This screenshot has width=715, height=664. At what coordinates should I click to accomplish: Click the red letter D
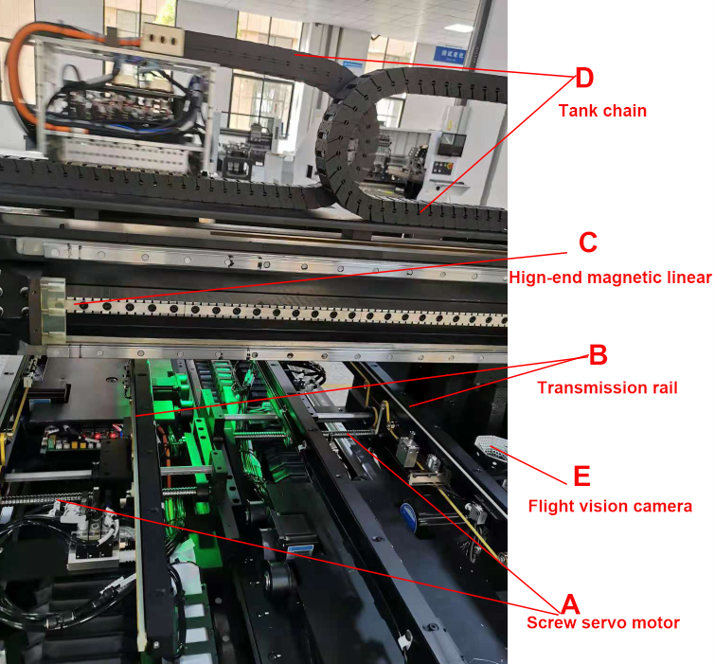584,78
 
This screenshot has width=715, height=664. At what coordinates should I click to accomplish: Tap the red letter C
588,242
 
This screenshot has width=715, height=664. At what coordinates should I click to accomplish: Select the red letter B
599,354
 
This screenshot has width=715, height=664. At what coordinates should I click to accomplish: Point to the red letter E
581,476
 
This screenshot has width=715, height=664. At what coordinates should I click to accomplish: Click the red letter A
570,604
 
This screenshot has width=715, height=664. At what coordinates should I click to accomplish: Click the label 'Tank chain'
602,111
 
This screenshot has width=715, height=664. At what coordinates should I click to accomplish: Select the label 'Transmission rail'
607,387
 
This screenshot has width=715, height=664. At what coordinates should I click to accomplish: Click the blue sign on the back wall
450,55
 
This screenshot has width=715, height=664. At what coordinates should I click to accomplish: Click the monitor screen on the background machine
452,145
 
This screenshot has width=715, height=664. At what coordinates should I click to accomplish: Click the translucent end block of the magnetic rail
53,310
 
